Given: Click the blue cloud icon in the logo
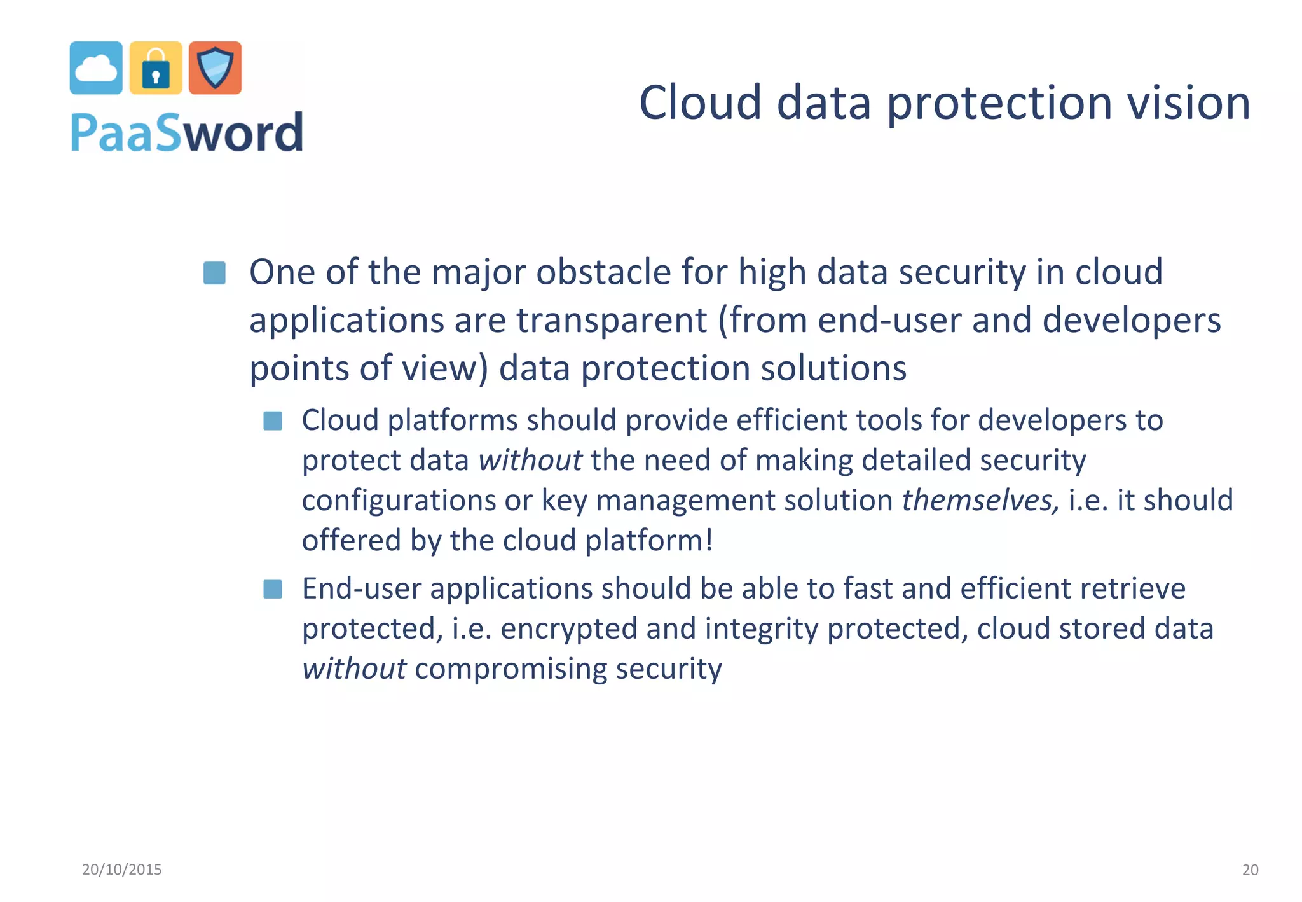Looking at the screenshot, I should tap(96, 68).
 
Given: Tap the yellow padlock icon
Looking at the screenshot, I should tap(156, 68).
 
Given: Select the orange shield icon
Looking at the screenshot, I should tap(216, 68).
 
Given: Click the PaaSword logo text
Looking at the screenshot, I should tap(187, 132).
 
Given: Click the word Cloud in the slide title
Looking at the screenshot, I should tap(700, 103).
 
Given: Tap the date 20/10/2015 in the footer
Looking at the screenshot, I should tap(122, 870).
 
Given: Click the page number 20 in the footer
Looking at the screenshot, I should tap(1250, 870).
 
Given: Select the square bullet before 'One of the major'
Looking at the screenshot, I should tap(214, 273).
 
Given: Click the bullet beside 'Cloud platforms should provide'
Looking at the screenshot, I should tap(273, 420).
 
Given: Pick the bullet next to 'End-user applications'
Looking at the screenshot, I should tap(273, 589).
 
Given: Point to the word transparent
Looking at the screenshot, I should tap(612, 320).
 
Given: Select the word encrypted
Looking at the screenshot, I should tap(568, 629).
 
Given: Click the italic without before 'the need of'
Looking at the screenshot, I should tap(530, 460).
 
